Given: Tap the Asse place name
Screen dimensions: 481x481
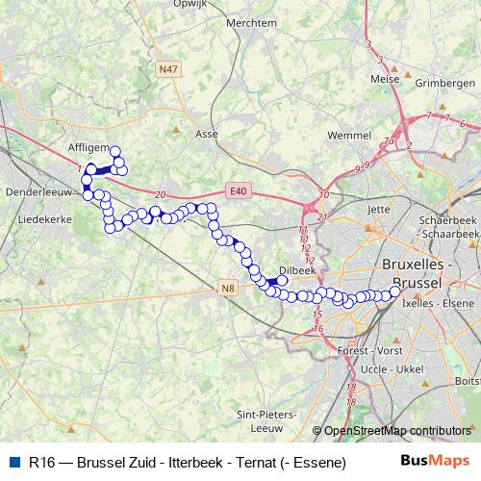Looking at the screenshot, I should (207, 134).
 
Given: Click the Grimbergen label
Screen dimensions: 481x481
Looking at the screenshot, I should (444, 84).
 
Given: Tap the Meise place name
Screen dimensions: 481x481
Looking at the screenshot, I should (384, 81).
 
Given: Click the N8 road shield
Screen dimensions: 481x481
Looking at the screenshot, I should (227, 287).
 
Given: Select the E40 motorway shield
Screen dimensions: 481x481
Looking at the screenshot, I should (239, 191).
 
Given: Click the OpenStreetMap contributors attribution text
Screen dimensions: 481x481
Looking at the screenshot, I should (396, 431).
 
